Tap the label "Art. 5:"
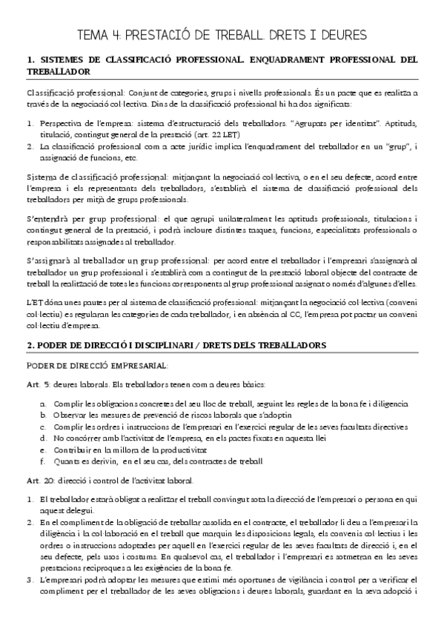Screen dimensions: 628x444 tap(38, 385)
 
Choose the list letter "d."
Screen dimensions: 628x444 tap(44, 438)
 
